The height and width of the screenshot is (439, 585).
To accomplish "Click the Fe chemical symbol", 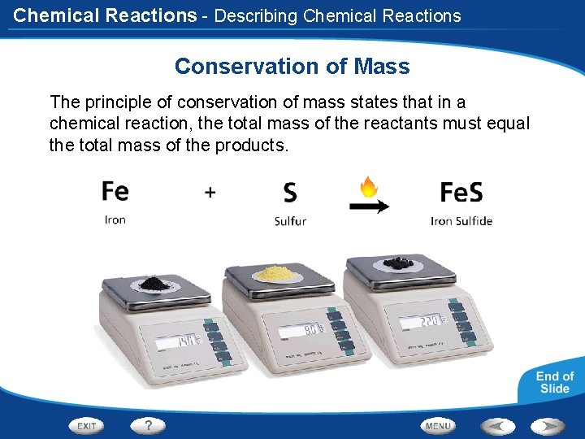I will coord(115,191).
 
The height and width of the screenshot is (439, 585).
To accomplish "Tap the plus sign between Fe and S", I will coord(210,192).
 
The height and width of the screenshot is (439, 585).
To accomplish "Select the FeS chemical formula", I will coord(461,192).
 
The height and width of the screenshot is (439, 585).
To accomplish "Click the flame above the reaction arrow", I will coord(368,187).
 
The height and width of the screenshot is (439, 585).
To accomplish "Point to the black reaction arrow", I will coord(369,206).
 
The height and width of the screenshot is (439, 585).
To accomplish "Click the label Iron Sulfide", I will coord(461,221).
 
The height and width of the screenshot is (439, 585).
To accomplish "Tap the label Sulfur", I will coord(290,221).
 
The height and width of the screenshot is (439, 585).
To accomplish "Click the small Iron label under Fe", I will coord(115,220).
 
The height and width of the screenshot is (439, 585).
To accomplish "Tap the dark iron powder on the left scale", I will coord(152,283).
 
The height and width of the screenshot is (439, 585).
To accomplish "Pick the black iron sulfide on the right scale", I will coord(398,263).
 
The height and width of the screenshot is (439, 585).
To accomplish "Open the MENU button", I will coord(438,426).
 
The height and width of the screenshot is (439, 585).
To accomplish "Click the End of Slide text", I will coord(554,382).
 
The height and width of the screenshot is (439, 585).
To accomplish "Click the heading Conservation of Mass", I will coord(292,67).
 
